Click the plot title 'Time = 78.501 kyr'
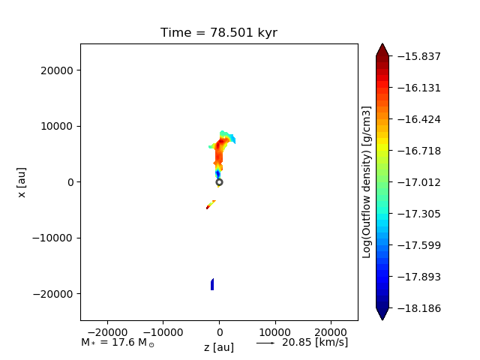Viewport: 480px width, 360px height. [x=219, y=33]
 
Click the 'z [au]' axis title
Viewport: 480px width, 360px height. [x=219, y=347]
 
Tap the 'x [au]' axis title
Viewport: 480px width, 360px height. [x=22, y=182]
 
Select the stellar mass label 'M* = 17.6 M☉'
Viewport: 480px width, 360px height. [x=118, y=343]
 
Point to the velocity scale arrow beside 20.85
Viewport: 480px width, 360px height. [x=265, y=343]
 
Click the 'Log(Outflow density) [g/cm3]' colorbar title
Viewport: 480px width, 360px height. [x=367, y=182]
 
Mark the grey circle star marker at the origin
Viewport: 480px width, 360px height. [x=219, y=182]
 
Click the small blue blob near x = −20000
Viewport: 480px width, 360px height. [x=212, y=284]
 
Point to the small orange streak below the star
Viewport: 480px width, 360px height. [x=211, y=205]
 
